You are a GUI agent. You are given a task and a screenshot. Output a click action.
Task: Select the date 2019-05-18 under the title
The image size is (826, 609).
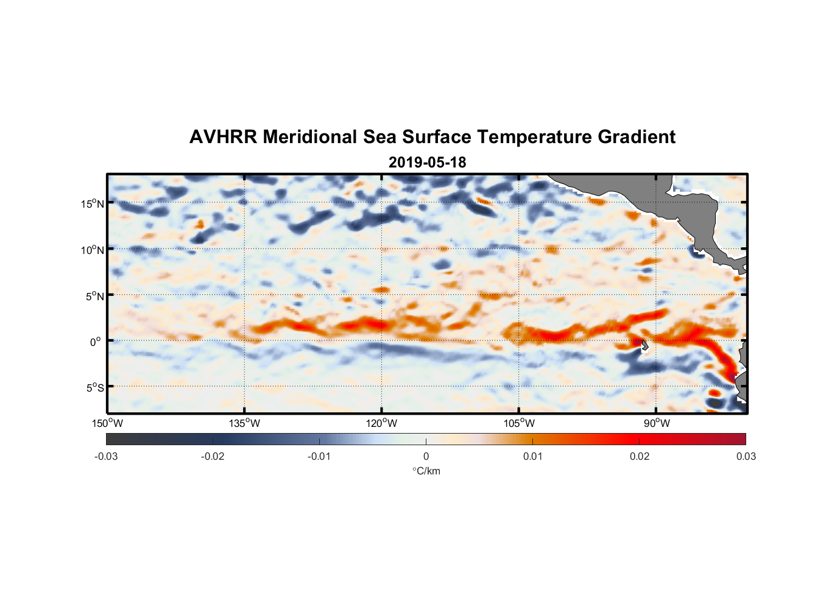pyautogui.click(x=427, y=163)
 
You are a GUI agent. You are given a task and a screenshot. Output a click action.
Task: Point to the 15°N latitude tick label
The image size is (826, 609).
pyautogui.click(x=93, y=203)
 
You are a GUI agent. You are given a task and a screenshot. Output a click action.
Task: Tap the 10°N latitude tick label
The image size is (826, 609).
pyautogui.click(x=93, y=250)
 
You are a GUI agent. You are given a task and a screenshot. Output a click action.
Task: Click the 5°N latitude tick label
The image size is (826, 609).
pyautogui.click(x=94, y=296)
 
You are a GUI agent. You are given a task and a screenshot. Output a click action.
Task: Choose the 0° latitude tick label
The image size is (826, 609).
pyautogui.click(x=96, y=342)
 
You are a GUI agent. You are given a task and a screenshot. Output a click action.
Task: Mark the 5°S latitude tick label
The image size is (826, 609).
pyautogui.click(x=94, y=387)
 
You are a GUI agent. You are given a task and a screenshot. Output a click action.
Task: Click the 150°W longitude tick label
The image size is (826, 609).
pyautogui.click(x=107, y=423)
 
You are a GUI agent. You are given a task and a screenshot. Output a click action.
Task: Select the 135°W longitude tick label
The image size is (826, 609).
pyautogui.click(x=244, y=423)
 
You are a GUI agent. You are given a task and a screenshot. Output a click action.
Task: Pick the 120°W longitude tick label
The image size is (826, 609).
pyautogui.click(x=381, y=423)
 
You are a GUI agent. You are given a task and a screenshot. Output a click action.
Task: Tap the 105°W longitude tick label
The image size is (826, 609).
pyautogui.click(x=519, y=423)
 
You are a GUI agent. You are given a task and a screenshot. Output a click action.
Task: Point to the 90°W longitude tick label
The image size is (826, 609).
pyautogui.click(x=657, y=423)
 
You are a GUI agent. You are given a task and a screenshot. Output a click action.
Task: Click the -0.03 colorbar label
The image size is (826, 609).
pyautogui.click(x=106, y=456)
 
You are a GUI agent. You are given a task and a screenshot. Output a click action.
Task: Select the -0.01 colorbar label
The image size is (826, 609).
pyautogui.click(x=319, y=456)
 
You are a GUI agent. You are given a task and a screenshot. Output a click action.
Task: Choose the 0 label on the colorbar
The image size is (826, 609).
pyautogui.click(x=426, y=456)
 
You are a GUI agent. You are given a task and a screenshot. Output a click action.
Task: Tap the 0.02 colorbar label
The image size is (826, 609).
pyautogui.click(x=640, y=456)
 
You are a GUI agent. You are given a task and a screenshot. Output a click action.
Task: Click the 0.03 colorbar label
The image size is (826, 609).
pyautogui.click(x=746, y=456)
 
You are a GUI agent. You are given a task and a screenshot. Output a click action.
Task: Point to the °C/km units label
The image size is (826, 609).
pyautogui.click(x=426, y=471)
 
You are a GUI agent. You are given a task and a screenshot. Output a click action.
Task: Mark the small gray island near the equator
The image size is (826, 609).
pyautogui.click(x=644, y=345)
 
